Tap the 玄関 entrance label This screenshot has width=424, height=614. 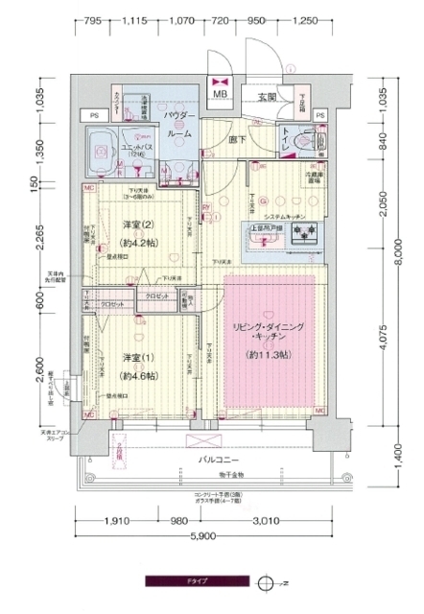click(x=268, y=96)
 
